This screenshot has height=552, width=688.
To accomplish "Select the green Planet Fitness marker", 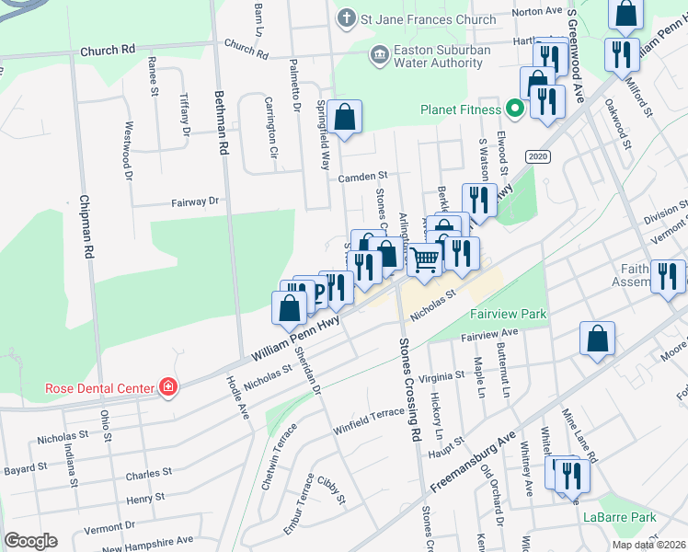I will coord(515,109).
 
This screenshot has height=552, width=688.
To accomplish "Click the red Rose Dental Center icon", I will coord(168,387).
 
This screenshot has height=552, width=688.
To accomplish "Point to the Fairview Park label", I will coord(509,314).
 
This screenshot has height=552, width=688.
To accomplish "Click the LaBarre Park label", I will coord(619,516).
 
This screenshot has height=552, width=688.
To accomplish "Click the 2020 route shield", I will coord(538,157).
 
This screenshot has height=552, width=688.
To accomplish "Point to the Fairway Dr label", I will coord(195,201).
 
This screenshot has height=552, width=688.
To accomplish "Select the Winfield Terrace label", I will coord(369,414).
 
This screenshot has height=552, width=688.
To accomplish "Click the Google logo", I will coord(30,540).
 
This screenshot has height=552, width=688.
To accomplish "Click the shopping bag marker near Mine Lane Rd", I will coord(597,339).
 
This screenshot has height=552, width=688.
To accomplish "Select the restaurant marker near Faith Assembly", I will coord(668,276).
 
